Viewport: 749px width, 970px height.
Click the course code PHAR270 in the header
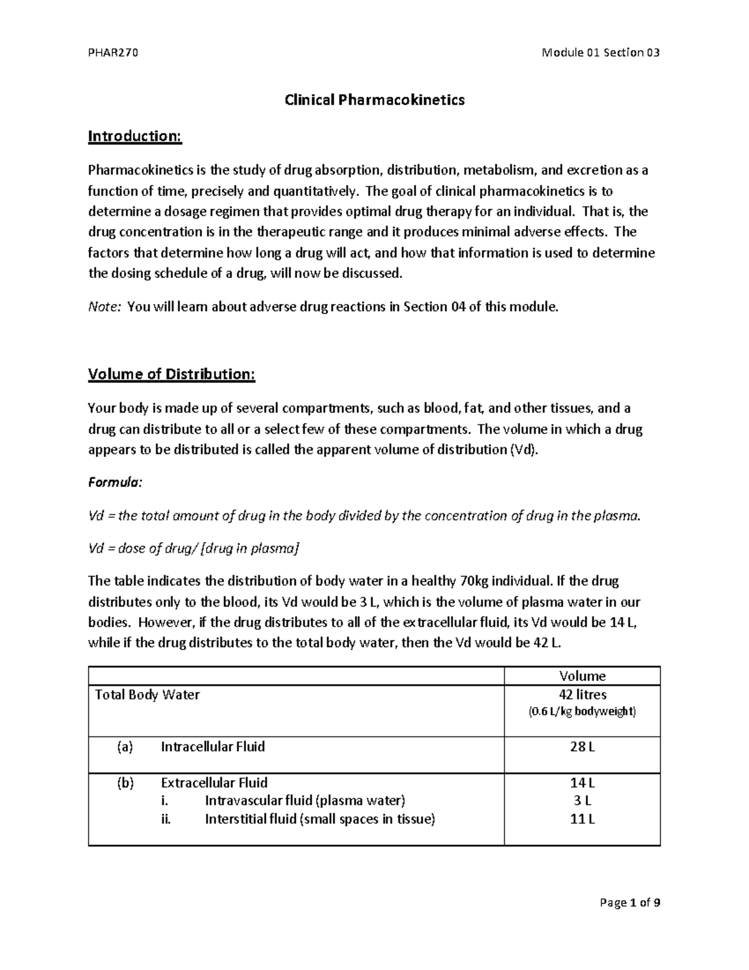pyautogui.click(x=113, y=52)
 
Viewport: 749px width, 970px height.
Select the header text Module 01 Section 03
pyautogui.click(x=600, y=52)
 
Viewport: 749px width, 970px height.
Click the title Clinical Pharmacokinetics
pyautogui.click(x=374, y=100)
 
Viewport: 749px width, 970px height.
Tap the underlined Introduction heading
pyautogui.click(x=135, y=136)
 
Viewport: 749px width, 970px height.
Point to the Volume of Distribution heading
pyautogui.click(x=172, y=374)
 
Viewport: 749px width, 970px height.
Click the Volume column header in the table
pyautogui.click(x=582, y=676)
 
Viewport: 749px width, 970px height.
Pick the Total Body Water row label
pyautogui.click(x=147, y=695)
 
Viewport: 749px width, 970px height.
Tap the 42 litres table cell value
pyautogui.click(x=582, y=695)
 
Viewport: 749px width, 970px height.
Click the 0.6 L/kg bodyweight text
pyautogui.click(x=582, y=711)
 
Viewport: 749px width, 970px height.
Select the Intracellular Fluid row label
pyautogui.click(x=213, y=746)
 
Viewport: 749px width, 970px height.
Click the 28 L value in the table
pyautogui.click(x=582, y=746)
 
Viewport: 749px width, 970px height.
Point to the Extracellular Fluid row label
pyautogui.click(x=214, y=783)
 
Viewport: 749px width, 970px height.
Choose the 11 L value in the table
pyautogui.click(x=582, y=819)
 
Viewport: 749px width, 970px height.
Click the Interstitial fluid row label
pyautogui.click(x=320, y=819)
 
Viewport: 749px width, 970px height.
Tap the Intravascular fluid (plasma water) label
pyautogui.click(x=305, y=801)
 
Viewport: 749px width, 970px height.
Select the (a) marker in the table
pyautogui.click(x=125, y=746)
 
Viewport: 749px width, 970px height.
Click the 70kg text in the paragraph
pyautogui.click(x=474, y=582)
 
